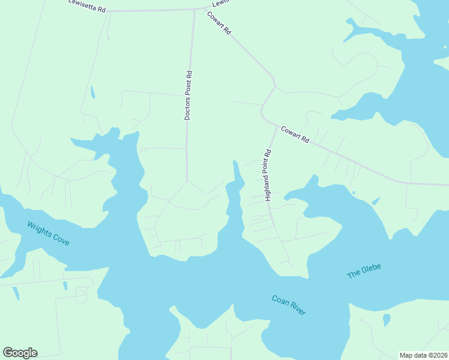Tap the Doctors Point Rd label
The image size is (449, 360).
[188, 96]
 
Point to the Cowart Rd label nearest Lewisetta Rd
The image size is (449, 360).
[219, 23]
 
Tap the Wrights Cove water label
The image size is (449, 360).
[48, 233]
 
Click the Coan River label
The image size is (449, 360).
[289, 305]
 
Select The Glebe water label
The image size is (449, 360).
[364, 271]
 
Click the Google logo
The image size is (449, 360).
[20, 353]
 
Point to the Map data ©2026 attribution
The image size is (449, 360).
[423, 355]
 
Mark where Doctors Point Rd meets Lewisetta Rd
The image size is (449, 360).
[194, 10]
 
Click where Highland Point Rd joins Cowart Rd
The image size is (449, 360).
[277, 126]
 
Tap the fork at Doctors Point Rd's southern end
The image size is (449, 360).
[187, 180]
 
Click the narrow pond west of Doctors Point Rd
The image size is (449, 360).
[92, 92]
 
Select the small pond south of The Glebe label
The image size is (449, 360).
[387, 320]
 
